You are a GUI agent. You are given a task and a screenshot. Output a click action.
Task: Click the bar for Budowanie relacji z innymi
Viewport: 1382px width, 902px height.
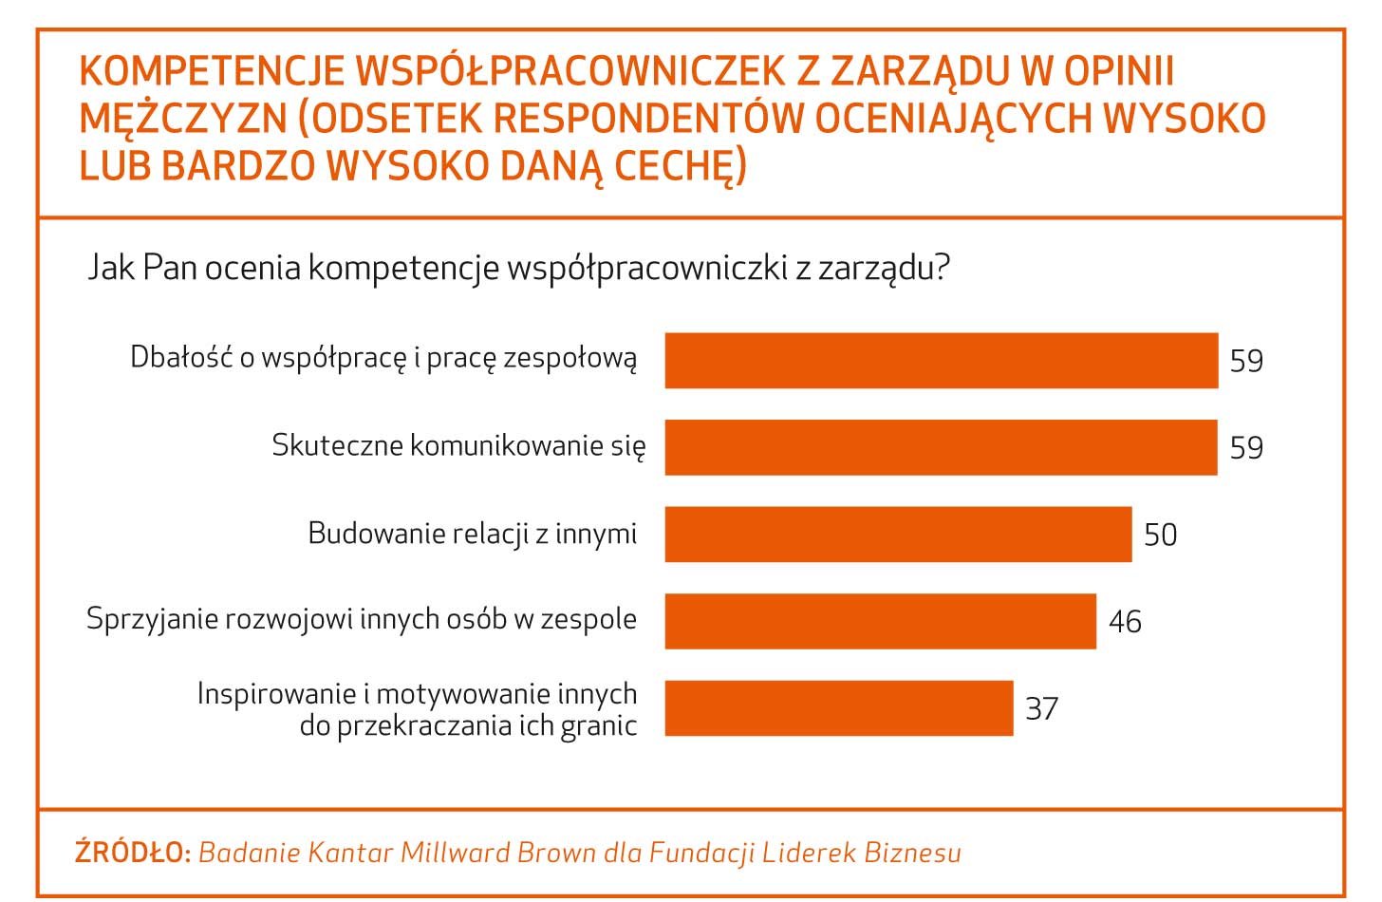point(898,535)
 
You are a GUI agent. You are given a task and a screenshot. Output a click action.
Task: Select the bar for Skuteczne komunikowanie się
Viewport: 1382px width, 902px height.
point(941,447)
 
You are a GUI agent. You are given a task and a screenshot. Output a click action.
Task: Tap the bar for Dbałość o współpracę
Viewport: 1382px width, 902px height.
point(942,360)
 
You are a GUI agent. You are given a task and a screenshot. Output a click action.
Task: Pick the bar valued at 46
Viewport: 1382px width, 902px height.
point(881,621)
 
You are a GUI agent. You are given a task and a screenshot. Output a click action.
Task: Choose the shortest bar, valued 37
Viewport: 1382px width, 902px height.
point(839,708)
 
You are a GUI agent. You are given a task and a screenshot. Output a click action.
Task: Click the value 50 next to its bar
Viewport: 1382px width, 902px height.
point(1161,535)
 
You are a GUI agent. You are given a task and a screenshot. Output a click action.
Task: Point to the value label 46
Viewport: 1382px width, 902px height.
point(1126,621)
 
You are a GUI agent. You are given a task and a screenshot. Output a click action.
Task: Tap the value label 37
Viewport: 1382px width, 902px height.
point(1041,708)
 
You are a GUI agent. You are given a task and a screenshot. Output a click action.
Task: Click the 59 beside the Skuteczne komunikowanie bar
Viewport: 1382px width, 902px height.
point(1246,447)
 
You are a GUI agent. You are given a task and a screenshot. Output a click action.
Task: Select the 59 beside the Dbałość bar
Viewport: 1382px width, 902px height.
point(1246,360)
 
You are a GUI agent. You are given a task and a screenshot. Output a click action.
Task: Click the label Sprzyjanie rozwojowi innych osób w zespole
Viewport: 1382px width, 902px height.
point(362,619)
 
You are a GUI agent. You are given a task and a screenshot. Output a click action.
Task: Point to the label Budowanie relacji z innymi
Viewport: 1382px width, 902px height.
point(473,534)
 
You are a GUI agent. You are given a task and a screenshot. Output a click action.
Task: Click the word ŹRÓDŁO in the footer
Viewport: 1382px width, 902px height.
point(133,852)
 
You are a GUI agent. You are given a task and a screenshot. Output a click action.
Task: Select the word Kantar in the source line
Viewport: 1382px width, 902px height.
point(350,853)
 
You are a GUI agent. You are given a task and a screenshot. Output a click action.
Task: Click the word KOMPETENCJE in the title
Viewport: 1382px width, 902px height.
point(212,71)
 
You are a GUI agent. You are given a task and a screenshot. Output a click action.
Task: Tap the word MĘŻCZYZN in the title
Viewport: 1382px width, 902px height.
point(183,118)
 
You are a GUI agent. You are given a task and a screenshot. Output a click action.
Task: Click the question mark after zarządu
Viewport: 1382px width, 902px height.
point(942,267)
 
